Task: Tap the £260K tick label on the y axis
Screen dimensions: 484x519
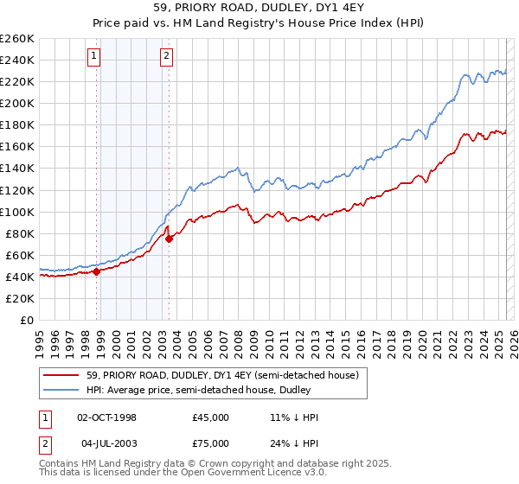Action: (17, 39)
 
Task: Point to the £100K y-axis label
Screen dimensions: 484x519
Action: (17, 212)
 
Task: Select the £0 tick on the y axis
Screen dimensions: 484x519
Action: (28, 320)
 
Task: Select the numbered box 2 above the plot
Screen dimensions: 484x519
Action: (165, 58)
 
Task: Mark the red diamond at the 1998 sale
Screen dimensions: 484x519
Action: (96, 271)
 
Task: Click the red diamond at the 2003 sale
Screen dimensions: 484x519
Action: (169, 239)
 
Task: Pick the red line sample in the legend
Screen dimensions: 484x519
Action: (61, 375)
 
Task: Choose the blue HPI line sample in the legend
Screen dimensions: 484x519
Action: (61, 390)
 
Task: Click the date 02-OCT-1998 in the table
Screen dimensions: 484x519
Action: (107, 417)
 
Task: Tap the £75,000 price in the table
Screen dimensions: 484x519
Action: (211, 442)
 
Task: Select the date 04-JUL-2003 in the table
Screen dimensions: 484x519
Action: (107, 442)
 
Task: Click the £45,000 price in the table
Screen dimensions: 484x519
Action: (211, 417)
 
